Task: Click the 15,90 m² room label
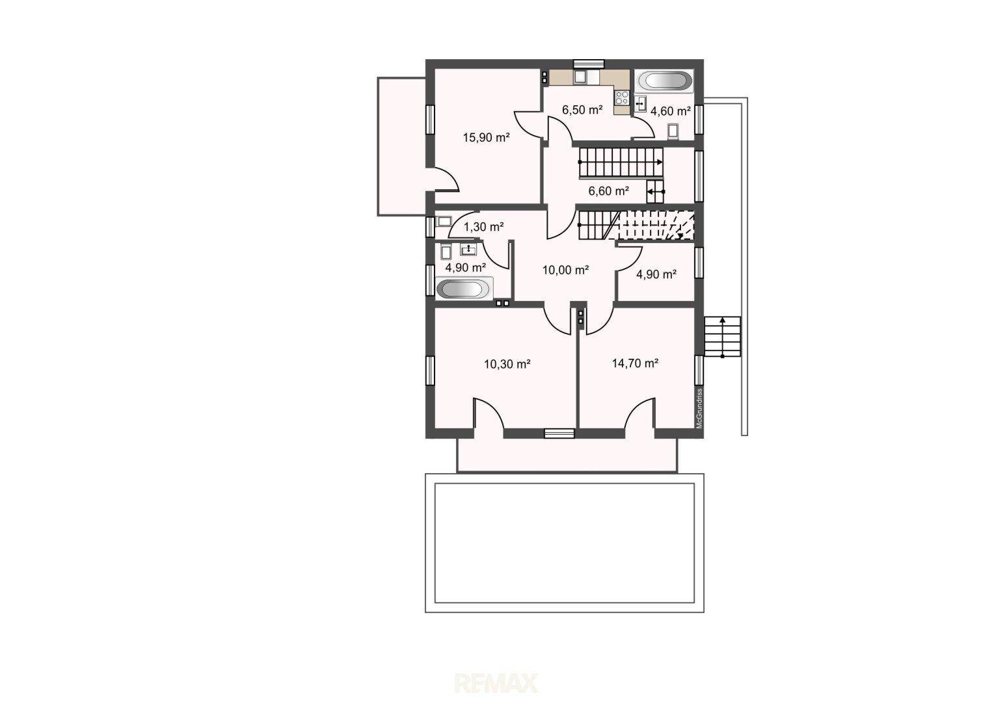486,137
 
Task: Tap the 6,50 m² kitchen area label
582,110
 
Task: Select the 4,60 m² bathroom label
671,111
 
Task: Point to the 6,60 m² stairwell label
608,190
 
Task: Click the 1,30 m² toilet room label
484,227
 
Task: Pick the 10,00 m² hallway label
565,270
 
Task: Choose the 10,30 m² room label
507,364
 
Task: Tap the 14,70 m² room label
635,363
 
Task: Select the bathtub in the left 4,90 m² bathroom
464,289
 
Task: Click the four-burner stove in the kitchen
622,97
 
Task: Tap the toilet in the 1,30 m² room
443,221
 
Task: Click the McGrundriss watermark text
699,408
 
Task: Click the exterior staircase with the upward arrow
723,337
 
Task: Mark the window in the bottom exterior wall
559,434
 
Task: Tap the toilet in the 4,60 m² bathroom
673,132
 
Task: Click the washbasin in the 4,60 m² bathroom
640,103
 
